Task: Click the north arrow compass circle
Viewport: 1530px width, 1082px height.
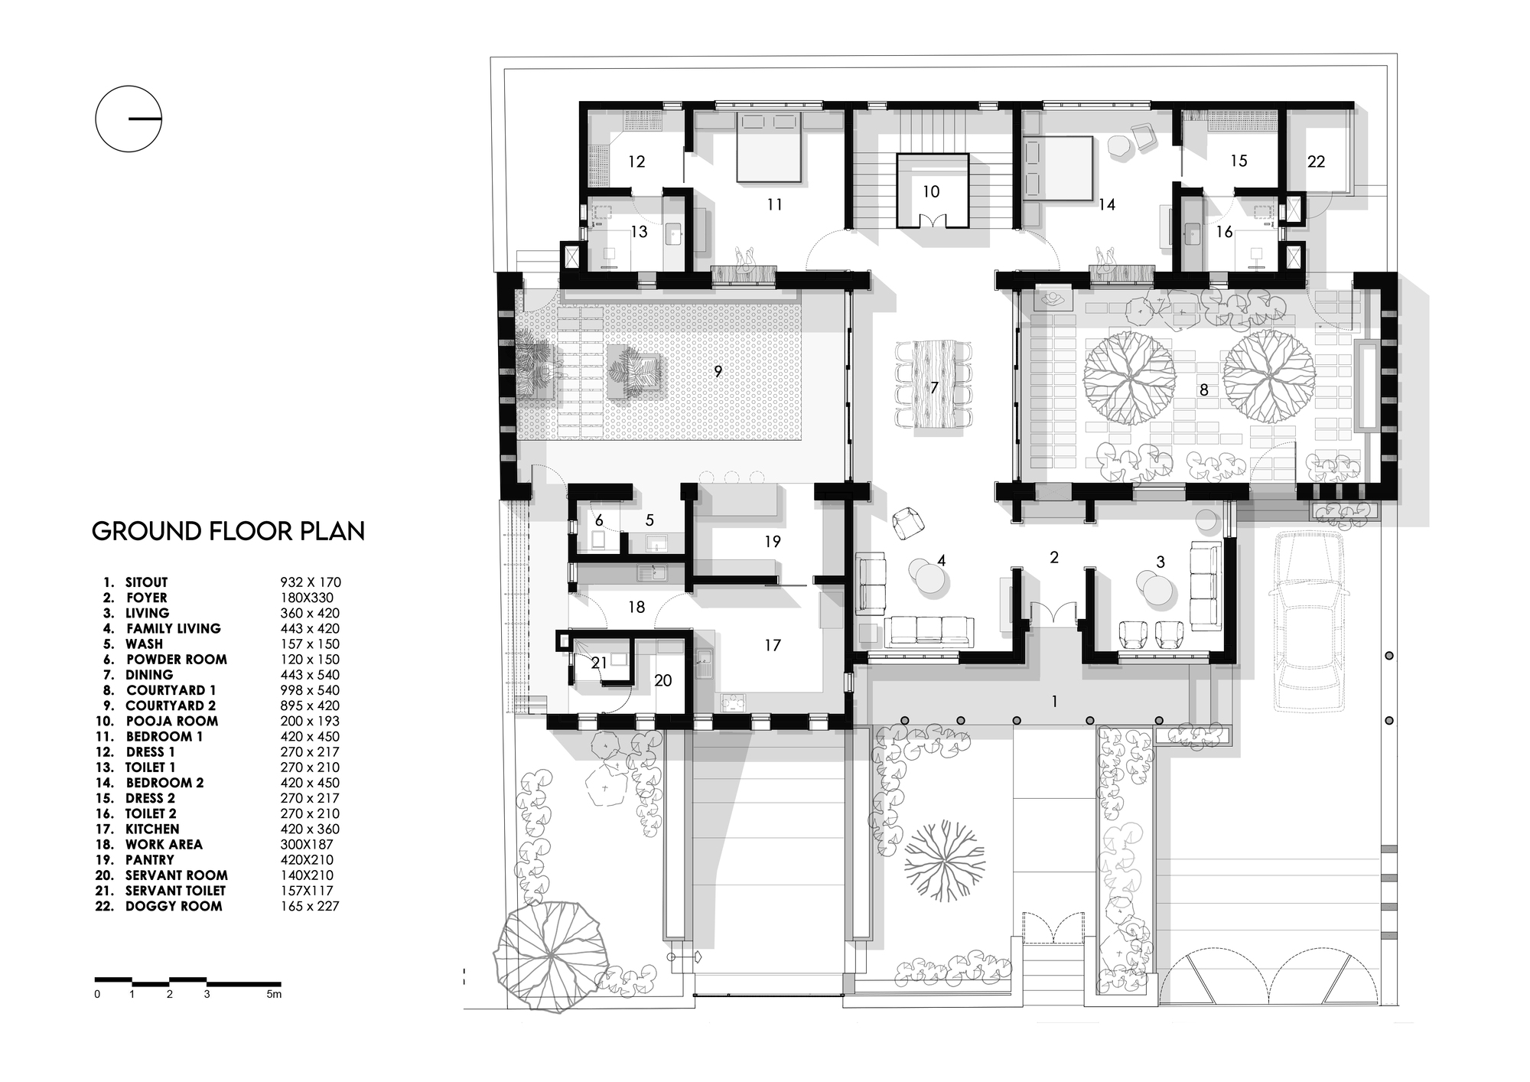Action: tap(129, 119)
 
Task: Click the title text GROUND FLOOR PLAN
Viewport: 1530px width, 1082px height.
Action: tap(228, 531)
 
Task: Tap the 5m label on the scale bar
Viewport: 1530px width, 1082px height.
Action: tap(274, 995)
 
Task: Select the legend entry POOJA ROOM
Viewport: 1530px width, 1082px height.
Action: tap(171, 721)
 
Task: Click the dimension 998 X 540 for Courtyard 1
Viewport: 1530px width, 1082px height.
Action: tap(310, 690)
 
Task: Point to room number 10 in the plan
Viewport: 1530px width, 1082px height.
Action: tap(930, 191)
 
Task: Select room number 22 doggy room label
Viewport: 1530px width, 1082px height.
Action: tap(1316, 161)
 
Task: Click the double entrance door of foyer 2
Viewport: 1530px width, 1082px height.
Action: tap(1053, 614)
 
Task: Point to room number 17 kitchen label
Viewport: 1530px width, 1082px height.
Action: tap(773, 645)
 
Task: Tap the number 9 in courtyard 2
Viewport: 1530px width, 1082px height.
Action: tap(718, 371)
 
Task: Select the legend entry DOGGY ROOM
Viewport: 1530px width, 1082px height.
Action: tap(174, 906)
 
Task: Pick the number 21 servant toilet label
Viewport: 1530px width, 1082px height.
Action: tap(599, 663)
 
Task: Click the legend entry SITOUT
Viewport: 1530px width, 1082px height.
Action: tap(146, 582)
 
